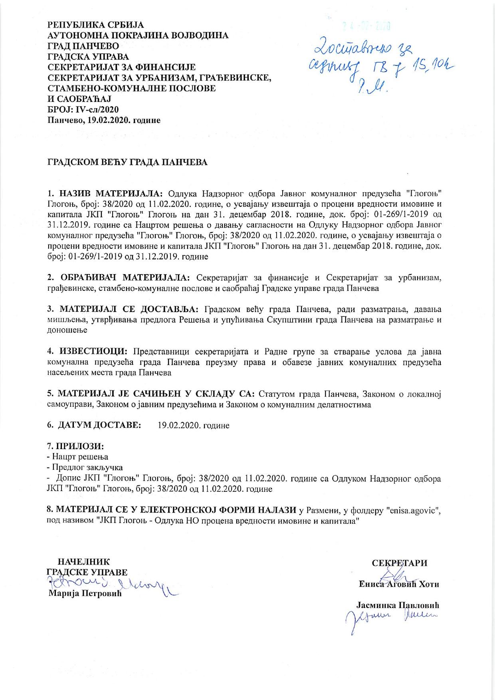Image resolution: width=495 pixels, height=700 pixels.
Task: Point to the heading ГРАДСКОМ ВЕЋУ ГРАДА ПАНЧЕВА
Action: coord(127,163)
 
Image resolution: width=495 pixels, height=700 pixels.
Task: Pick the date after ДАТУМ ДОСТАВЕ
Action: coord(194,426)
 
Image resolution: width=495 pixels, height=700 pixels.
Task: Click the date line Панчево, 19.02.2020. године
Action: coord(104,120)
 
